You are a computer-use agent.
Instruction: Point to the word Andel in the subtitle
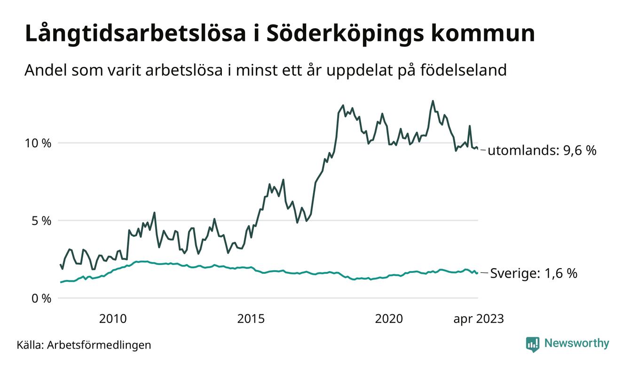[x=43, y=71]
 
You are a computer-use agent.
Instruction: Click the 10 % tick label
[x=38, y=143]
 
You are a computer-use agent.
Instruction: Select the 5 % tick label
[x=41, y=221]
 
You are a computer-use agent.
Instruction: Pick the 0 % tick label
[x=41, y=298]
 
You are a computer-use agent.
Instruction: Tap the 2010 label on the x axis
[x=113, y=319]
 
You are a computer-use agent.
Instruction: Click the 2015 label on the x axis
[x=251, y=319]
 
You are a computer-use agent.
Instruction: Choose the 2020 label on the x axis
[x=389, y=319]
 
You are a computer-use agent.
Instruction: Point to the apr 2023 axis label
[x=478, y=319]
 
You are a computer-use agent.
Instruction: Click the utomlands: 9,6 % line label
[x=542, y=151]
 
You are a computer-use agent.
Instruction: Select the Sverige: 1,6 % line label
[x=534, y=273]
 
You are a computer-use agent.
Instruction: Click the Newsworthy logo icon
[x=533, y=344]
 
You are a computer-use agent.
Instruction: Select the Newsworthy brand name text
[x=576, y=343]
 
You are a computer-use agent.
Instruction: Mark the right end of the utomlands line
[x=478, y=149]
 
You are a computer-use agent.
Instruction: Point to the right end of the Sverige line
[x=478, y=273]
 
